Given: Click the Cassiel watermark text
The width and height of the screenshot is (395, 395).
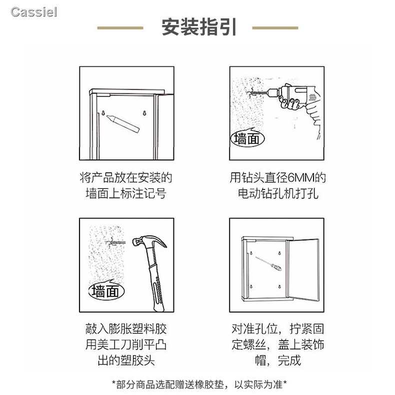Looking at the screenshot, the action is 34,12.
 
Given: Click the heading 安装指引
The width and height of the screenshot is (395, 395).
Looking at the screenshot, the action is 199,27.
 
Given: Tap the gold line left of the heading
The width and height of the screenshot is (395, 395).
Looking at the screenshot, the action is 120,28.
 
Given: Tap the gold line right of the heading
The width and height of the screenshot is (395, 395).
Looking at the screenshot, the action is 275,28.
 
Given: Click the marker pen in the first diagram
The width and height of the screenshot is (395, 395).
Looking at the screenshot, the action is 123,123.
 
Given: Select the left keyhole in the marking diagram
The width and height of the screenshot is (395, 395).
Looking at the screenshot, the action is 103,113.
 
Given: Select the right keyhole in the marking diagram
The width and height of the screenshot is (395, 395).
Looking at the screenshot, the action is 144,113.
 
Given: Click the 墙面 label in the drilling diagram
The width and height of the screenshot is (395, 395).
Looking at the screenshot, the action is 247,138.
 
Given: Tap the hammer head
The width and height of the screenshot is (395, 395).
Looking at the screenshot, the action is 148,241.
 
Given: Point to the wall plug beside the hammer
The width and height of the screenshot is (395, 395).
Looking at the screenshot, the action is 115,243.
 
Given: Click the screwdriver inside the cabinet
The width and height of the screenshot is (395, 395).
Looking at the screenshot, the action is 268,263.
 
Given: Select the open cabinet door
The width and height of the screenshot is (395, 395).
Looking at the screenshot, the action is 303,269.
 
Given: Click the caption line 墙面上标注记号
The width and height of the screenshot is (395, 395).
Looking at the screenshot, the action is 126,193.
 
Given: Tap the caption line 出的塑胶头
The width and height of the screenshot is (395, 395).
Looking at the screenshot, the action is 126,360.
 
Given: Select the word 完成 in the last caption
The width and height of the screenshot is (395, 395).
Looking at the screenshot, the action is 289,360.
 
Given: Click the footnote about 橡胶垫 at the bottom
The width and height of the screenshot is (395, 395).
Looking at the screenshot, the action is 199,384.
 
